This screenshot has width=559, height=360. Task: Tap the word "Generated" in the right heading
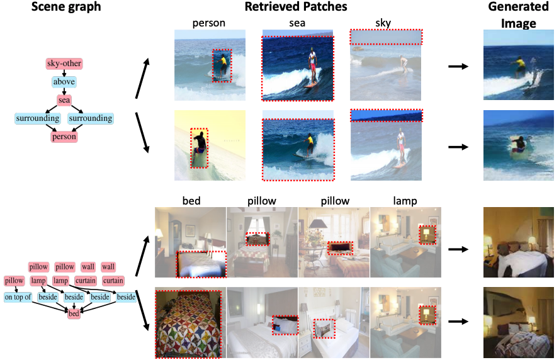click(518, 8)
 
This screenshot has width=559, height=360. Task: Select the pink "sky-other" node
click(64, 64)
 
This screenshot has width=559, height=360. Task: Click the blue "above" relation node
click(64, 82)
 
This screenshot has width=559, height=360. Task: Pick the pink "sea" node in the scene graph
click(64, 99)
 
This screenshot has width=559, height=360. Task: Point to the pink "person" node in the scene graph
click(64, 136)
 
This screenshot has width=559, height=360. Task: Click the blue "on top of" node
click(18, 296)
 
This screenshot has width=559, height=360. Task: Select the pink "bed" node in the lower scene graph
click(75, 313)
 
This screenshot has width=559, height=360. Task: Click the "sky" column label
click(383, 24)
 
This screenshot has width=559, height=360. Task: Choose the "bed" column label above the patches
click(191, 201)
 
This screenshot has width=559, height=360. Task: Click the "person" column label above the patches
click(210, 24)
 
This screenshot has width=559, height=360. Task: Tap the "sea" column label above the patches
click(296, 24)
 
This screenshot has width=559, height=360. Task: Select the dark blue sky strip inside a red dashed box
click(387, 115)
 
